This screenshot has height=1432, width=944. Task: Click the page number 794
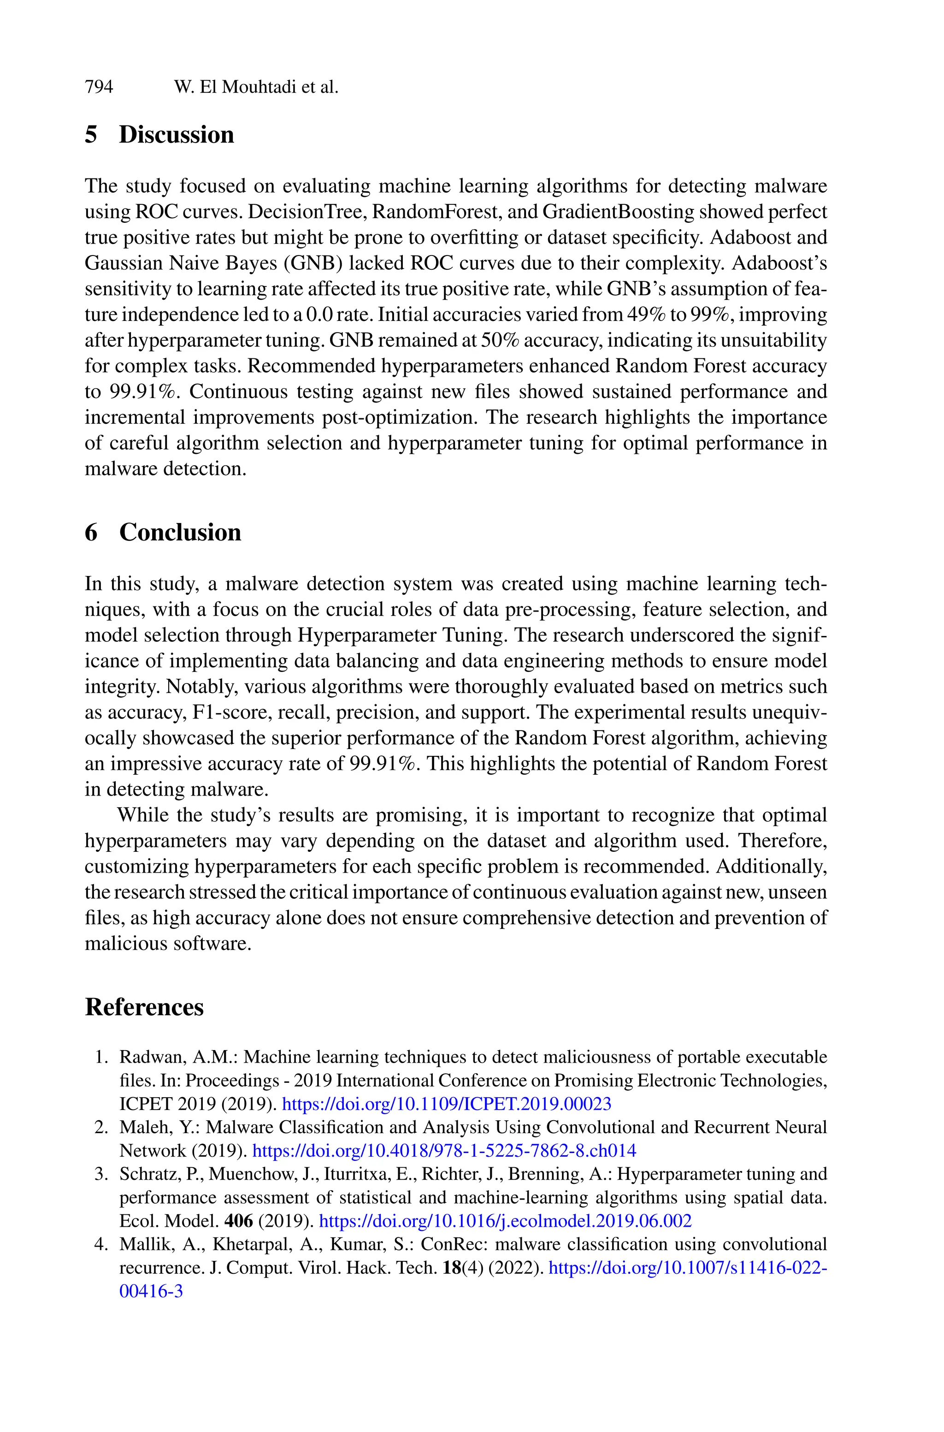(99, 87)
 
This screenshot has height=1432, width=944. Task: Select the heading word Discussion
(177, 134)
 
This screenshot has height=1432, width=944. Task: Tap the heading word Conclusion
(180, 532)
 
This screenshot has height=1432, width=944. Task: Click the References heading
(144, 1007)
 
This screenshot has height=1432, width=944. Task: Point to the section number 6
(91, 532)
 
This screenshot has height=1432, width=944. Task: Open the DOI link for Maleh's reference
(444, 1151)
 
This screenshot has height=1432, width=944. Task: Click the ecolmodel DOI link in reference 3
(505, 1221)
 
